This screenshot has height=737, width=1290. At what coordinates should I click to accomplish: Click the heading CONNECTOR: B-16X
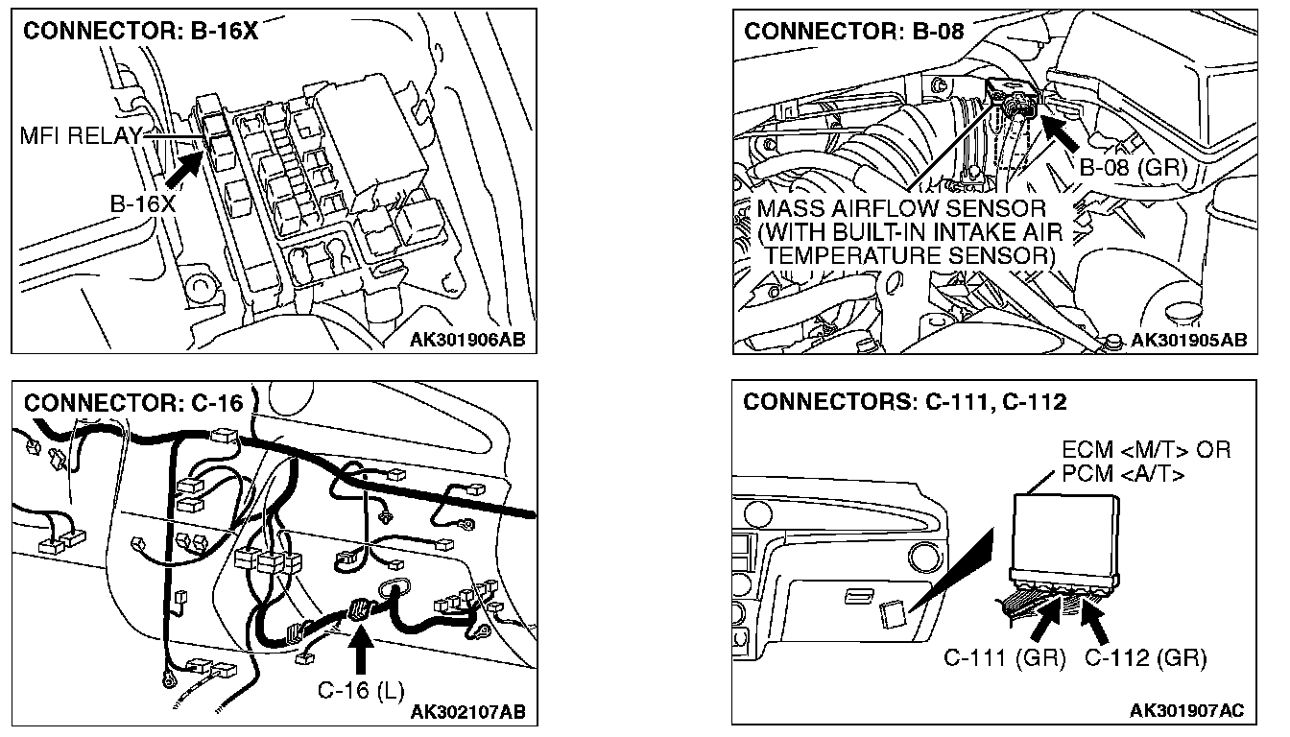pyautogui.click(x=140, y=31)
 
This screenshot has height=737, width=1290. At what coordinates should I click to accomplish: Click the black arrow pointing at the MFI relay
pyautogui.click(x=185, y=167)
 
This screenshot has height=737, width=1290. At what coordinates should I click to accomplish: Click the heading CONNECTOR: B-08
pyautogui.click(x=853, y=31)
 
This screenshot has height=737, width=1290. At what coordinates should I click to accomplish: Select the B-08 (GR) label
pyautogui.click(x=1133, y=168)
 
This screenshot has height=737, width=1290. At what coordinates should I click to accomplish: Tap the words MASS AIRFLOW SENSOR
pyautogui.click(x=900, y=209)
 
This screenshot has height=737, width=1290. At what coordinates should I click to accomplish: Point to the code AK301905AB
pyautogui.click(x=1188, y=340)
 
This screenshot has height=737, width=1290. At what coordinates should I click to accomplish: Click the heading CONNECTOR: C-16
pyautogui.click(x=132, y=401)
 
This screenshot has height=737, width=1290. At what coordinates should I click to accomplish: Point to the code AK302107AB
pyautogui.click(x=466, y=711)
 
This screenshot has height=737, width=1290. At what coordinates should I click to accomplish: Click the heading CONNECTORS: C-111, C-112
pyautogui.click(x=904, y=401)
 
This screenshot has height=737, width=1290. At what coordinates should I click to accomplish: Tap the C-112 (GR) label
pyautogui.click(x=1145, y=658)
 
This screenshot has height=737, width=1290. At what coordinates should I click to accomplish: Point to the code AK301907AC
pyautogui.click(x=1186, y=711)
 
